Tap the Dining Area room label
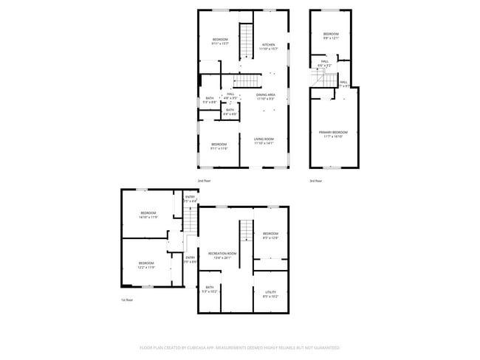266,96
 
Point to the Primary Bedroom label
333,134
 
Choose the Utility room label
270,294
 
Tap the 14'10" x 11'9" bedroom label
147,215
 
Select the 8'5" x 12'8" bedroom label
270,236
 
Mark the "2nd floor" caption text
204,180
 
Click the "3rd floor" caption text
316,180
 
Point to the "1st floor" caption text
127,300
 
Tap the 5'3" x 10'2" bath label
210,289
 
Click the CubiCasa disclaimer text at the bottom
240,347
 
